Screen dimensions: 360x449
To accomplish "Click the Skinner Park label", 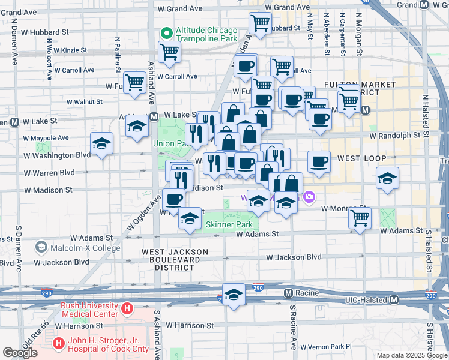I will (229, 224).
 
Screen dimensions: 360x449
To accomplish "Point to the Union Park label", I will (172, 143).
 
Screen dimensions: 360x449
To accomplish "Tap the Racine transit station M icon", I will (288, 293).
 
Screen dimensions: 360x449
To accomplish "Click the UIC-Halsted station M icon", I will (394, 299).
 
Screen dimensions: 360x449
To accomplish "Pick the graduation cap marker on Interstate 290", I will (234, 294).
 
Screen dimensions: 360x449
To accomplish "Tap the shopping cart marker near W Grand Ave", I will (260, 23).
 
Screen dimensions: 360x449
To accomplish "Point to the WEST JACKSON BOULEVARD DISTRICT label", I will (175, 257).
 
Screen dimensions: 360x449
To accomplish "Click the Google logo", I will (20, 353).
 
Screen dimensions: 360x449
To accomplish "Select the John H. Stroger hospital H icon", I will (59, 344).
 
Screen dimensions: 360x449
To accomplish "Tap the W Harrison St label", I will (190, 326).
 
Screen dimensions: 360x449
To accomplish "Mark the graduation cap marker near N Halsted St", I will (388, 178).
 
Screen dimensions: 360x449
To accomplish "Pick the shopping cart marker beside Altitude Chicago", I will (170, 52).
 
